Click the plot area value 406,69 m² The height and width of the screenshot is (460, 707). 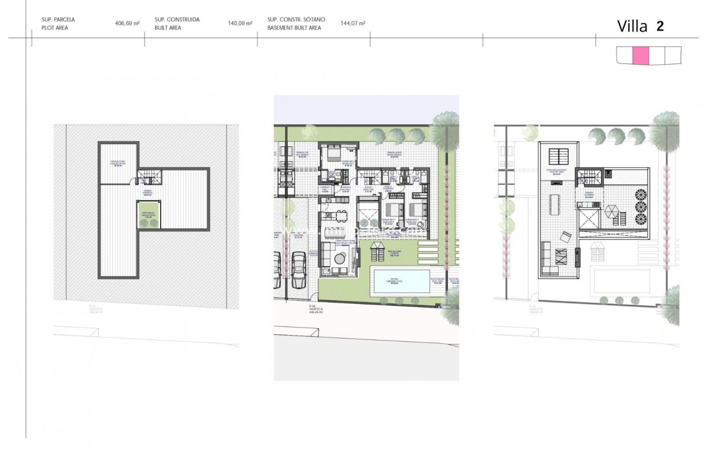[127, 24]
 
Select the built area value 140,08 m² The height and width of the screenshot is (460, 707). [240, 24]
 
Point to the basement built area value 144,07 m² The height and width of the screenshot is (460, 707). [353, 24]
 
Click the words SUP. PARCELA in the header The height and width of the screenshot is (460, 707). [58, 19]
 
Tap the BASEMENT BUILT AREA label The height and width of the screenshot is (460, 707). [294, 28]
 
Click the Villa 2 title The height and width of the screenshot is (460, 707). [641, 26]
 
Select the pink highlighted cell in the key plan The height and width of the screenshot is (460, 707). [641, 55]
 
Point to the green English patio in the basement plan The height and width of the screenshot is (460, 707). [149, 215]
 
